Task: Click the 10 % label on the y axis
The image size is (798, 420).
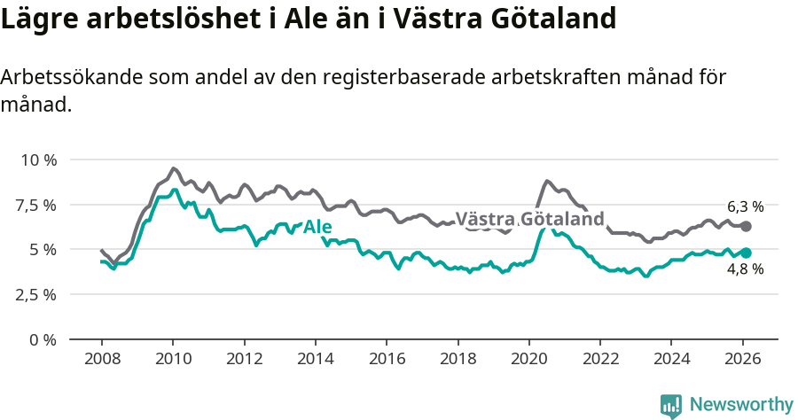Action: [38, 159]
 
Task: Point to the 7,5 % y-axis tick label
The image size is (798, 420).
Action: [37, 205]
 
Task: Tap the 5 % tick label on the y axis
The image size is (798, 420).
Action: [43, 250]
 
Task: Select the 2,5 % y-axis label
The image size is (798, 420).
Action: [37, 294]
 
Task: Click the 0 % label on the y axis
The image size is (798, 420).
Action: [43, 339]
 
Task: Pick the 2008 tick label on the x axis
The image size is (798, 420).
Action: [102, 359]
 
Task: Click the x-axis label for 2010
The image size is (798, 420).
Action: [173, 359]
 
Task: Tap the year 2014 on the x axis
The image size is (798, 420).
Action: [315, 359]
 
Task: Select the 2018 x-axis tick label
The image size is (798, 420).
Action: [458, 359]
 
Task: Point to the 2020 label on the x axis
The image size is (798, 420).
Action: [528, 359]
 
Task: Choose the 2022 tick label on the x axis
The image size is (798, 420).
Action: [600, 359]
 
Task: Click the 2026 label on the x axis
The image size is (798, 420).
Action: [742, 359]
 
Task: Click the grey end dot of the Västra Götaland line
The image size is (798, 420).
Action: [746, 227]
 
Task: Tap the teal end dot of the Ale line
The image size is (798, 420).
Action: [746, 253]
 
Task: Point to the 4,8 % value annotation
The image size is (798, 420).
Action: [745, 269]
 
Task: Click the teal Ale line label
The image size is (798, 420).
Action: [317, 228]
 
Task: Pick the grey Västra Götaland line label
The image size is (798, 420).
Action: [529, 220]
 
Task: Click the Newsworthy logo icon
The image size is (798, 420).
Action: [671, 405]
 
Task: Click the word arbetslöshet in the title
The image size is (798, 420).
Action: [149, 19]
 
